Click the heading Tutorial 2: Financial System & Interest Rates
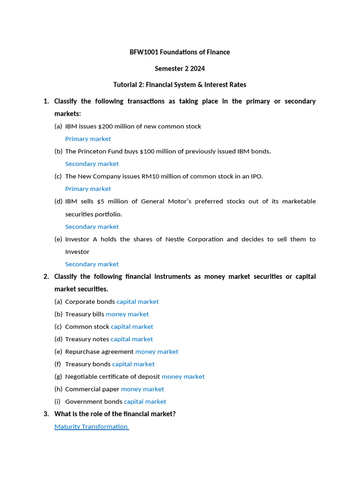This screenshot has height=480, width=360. click(180, 85)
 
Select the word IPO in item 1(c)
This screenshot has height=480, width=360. click(255, 176)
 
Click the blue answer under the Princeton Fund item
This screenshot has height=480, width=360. click(92, 164)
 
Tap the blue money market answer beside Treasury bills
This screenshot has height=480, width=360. click(127, 314)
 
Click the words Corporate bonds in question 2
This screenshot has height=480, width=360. click(90, 301)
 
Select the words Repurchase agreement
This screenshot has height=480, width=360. click(99, 352)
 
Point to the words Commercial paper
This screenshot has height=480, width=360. click(92, 389)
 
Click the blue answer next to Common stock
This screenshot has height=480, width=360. click(132, 327)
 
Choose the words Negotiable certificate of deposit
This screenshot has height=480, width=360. click(112, 376)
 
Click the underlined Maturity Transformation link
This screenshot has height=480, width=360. click(91, 427)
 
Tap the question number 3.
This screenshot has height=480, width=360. click(46, 414)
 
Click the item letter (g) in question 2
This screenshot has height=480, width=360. click(58, 376)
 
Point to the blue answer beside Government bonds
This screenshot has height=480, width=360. click(145, 401)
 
